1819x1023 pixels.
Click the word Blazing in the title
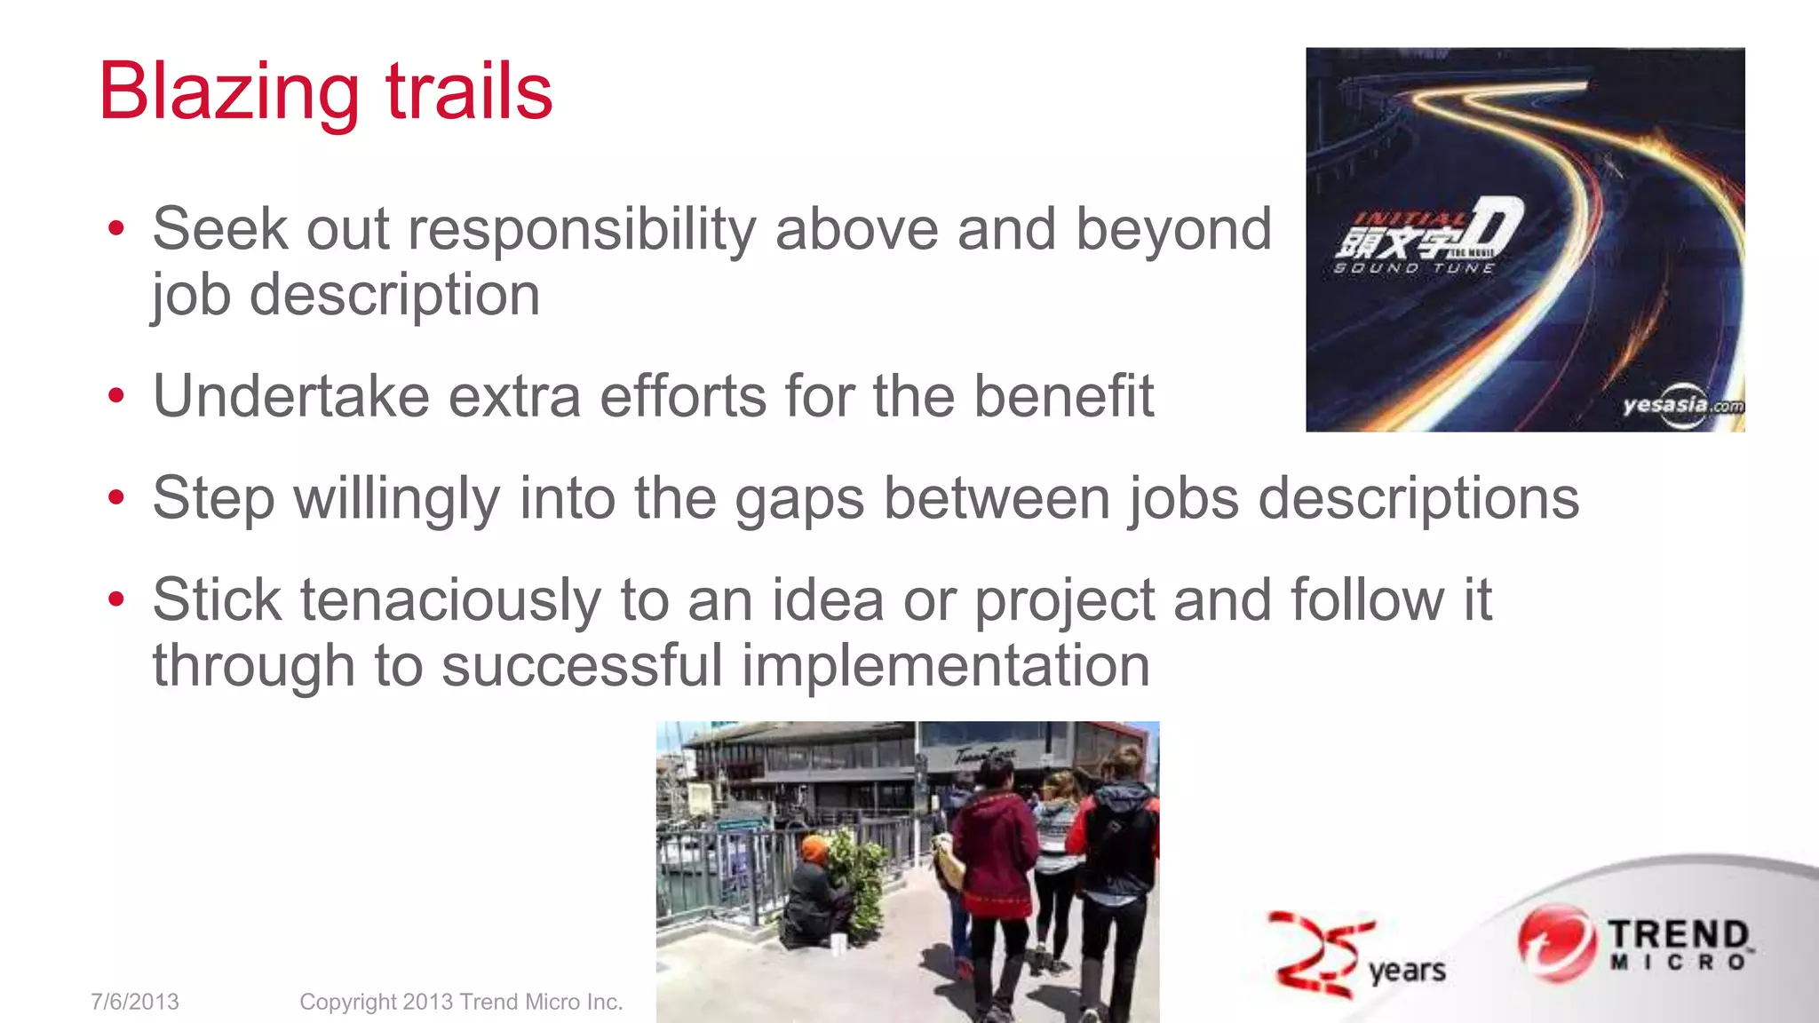229,92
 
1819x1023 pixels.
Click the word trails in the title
469,92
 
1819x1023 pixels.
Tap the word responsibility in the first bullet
581,229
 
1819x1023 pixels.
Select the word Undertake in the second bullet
291,396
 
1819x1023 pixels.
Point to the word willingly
396,498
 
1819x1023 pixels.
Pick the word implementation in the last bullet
945,666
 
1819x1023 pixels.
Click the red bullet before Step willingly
115,498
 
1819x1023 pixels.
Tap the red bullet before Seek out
115,229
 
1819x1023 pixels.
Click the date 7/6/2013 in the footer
135,1002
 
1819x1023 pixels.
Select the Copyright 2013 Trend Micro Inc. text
461,1002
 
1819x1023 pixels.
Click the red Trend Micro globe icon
1553,943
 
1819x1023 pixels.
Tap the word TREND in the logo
1678,934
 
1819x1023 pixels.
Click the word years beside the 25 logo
1407,971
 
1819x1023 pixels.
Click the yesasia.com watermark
1681,406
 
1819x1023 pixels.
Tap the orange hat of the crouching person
814,849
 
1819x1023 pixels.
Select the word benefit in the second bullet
1063,396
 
